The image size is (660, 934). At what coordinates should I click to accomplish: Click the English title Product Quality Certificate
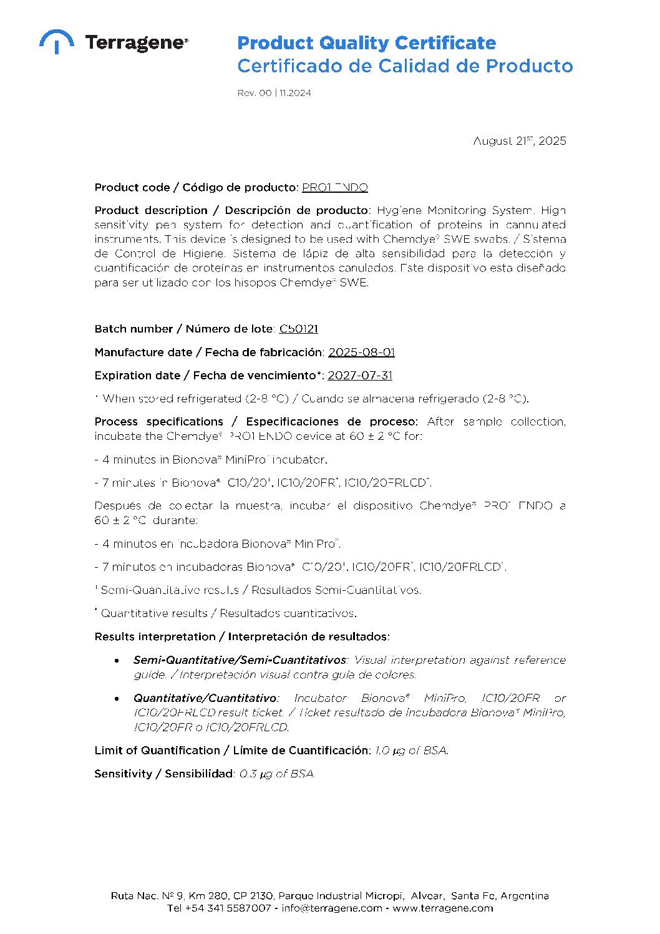tap(366, 43)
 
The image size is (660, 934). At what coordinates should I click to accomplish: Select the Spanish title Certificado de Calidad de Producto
tap(405, 66)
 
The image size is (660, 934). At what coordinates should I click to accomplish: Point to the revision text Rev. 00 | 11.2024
tap(274, 93)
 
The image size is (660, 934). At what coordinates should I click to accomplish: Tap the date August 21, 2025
tap(520, 141)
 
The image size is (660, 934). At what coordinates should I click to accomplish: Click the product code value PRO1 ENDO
tap(335, 188)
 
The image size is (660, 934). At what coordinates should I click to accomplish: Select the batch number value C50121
tap(299, 329)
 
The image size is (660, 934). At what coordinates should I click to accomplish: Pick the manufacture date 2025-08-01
tap(362, 353)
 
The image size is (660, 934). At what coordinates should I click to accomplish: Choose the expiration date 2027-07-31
tap(360, 376)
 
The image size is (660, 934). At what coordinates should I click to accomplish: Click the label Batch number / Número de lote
tap(184, 329)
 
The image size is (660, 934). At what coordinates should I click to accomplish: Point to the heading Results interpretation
tap(242, 637)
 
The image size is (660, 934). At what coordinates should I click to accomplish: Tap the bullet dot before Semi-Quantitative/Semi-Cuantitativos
tap(117, 660)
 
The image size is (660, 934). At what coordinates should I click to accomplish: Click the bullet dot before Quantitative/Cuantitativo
tap(117, 698)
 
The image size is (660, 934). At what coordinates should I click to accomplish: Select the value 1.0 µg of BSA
tap(411, 751)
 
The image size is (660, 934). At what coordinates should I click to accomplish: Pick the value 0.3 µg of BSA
tap(277, 774)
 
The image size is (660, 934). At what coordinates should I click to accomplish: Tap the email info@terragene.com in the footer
tap(332, 908)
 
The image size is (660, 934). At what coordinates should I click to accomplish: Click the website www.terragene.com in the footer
tap(443, 908)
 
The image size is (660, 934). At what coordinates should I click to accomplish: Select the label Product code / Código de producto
tap(197, 188)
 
